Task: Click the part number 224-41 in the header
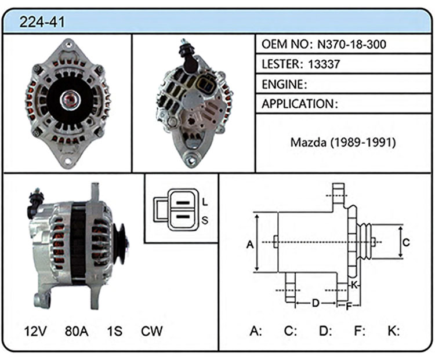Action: tap(42, 22)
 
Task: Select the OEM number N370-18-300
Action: tap(351, 44)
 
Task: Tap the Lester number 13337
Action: tap(324, 64)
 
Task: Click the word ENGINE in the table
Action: tap(282, 84)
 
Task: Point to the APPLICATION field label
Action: tap(298, 104)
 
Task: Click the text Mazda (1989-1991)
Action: tap(343, 143)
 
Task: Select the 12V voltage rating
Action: tap(35, 331)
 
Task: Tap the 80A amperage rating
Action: tap(77, 331)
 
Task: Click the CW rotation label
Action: tap(152, 331)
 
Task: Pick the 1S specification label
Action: tap(115, 331)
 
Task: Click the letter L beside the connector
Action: tap(205, 202)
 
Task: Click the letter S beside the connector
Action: tap(205, 220)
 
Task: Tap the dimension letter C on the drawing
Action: tap(406, 242)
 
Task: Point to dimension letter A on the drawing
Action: tap(250, 245)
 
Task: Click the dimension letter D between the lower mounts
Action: tap(316, 303)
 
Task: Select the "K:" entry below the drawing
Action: tap(394, 331)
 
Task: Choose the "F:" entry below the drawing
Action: tap(359, 331)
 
